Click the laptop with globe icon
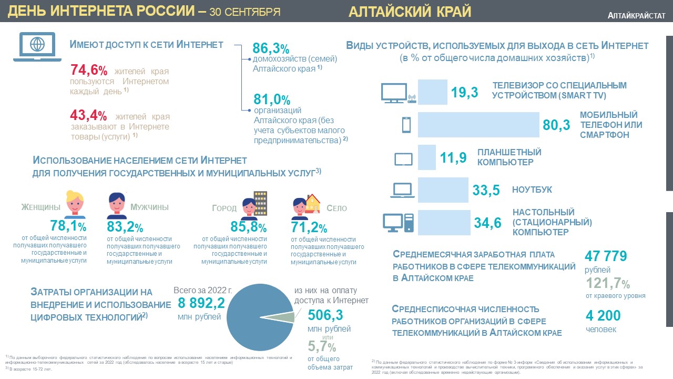tap(38, 46)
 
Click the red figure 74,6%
tap(89, 71)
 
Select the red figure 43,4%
tap(89, 116)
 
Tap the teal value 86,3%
tap(271, 49)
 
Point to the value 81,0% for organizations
tap(271, 99)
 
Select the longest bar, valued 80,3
tap(478, 125)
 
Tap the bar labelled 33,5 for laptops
tap(442, 190)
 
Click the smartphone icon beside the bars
tap(406, 125)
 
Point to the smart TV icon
tap(398, 93)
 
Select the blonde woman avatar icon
tap(75, 204)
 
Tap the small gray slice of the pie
tap(285, 317)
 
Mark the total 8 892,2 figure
tap(201, 303)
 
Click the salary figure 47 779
tap(606, 256)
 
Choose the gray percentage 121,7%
tap(608, 284)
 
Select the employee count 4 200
tap(603, 316)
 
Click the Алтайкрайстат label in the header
tap(636, 16)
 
